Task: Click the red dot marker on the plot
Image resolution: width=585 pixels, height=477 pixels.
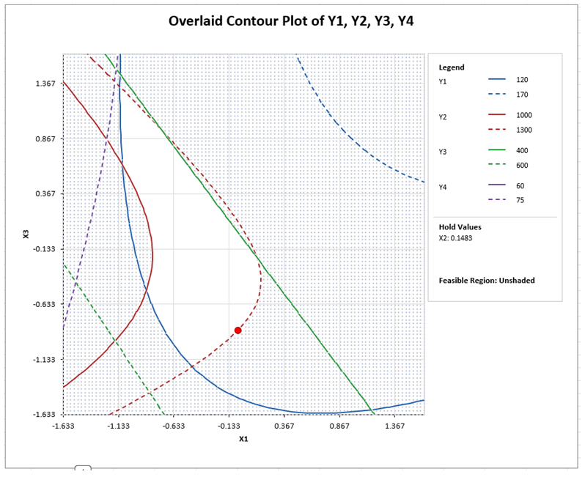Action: pos(238,330)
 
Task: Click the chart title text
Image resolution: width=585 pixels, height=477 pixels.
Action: pos(292,21)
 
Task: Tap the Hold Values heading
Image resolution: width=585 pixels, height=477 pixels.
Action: pos(460,227)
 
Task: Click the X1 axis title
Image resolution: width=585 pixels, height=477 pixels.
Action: pos(243,439)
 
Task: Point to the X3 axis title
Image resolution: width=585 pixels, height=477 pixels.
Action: pos(26,234)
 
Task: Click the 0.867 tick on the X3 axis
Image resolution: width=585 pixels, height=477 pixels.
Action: pos(46,138)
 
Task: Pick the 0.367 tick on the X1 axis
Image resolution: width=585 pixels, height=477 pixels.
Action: pos(284,426)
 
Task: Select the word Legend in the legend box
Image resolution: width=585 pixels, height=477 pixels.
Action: pos(452,67)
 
